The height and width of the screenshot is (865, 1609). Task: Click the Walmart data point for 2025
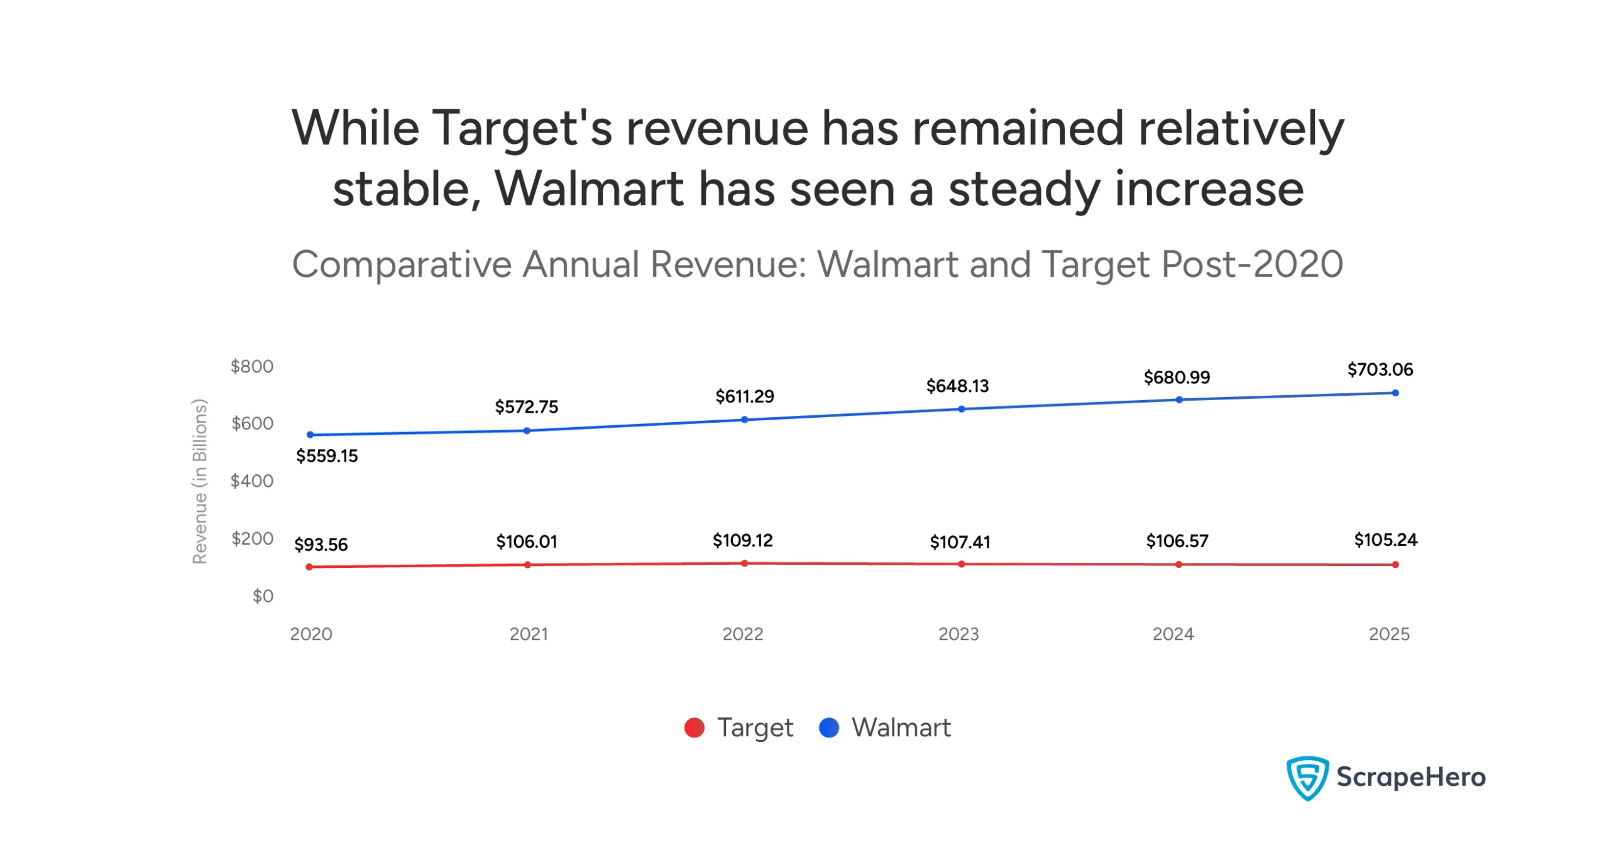pos(1395,393)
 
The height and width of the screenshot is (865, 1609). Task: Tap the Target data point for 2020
pos(309,567)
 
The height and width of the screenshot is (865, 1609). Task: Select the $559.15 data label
pos(327,455)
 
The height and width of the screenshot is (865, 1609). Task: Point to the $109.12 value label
pos(742,540)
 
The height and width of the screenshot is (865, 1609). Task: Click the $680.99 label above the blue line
pos(1177,377)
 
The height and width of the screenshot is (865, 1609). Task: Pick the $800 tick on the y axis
pos(251,366)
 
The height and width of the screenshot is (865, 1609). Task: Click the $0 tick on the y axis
pos(263,596)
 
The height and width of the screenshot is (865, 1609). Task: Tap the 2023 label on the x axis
pos(958,634)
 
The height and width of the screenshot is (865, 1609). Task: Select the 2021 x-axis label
pos(529,634)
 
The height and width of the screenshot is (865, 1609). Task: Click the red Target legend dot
pos(694,727)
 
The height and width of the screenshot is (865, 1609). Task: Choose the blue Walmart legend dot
pos(829,727)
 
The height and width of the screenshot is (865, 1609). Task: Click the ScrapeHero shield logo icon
pos(1307,778)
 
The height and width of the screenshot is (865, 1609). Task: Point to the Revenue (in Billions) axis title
pos(199,481)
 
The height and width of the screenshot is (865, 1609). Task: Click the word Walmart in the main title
pos(589,188)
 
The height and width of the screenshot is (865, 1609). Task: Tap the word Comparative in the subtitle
pos(402,264)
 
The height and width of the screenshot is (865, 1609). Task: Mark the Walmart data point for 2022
pos(744,419)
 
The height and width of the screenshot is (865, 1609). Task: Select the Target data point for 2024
pos(1178,564)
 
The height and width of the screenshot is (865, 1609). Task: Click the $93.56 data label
pos(321,544)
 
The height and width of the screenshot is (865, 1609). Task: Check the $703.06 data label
pos(1380,369)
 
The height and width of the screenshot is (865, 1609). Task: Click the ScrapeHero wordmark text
pos(1411,777)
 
